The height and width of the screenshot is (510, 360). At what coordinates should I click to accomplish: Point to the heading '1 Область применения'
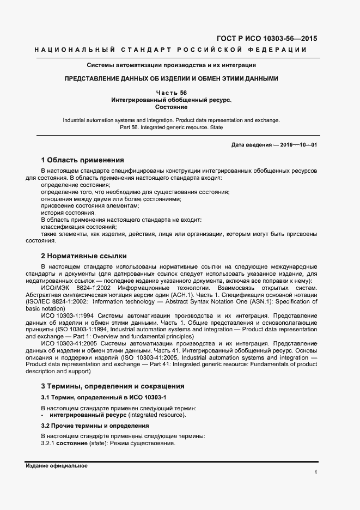(x=83, y=160)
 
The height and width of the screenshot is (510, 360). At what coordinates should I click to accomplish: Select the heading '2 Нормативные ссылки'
(x=84, y=256)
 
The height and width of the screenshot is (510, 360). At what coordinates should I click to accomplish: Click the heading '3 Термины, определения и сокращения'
(x=113, y=386)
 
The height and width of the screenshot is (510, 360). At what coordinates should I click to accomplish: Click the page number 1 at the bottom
(x=316, y=472)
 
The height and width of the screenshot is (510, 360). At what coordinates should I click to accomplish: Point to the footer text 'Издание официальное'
(x=56, y=466)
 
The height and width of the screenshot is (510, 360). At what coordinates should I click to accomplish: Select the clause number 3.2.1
(x=47, y=444)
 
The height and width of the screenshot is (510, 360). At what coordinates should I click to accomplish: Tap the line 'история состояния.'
(x=64, y=212)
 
